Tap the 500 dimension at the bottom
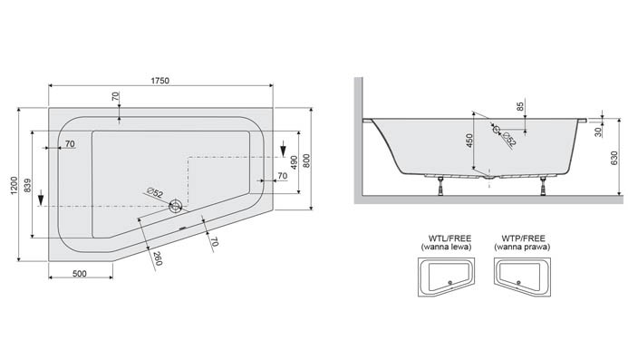click(79, 274)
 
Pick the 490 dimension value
click(293, 164)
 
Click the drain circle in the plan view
click(175, 206)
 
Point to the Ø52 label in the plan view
click(153, 193)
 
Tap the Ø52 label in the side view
click(508, 138)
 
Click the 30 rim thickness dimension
click(599, 131)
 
